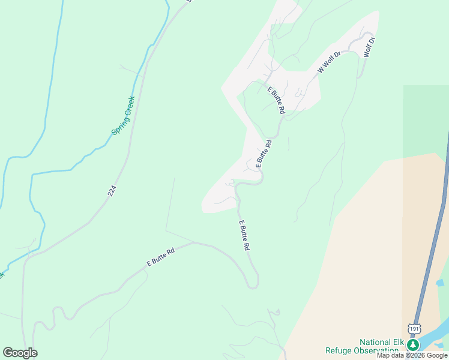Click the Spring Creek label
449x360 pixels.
coord(123,116)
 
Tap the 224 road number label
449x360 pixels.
coord(112,191)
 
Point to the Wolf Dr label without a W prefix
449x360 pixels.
coord(369,47)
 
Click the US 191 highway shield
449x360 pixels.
coord(414,328)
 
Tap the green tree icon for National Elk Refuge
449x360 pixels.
coord(413,345)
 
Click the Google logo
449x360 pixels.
coord(20,353)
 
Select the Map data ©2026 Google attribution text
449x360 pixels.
coord(412,355)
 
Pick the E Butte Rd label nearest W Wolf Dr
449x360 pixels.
coord(276,100)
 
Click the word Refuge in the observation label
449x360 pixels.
coord(340,350)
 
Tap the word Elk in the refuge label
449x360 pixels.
coord(397,341)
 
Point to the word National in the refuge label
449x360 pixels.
coord(375,341)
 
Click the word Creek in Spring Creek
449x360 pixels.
coord(128,106)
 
